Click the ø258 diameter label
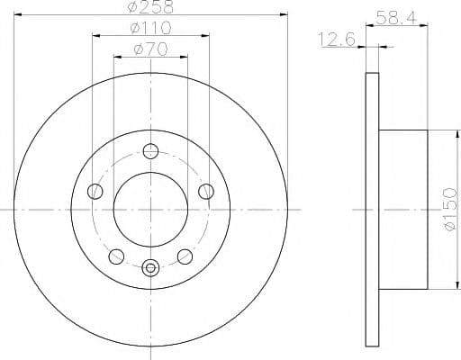(x=149, y=6)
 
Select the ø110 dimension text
(x=149, y=29)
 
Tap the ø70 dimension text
(x=149, y=49)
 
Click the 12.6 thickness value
(x=336, y=38)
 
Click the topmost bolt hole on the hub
(x=150, y=150)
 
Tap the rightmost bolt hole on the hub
(x=206, y=190)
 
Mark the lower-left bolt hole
(x=116, y=256)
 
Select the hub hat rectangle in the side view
(x=402, y=209)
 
